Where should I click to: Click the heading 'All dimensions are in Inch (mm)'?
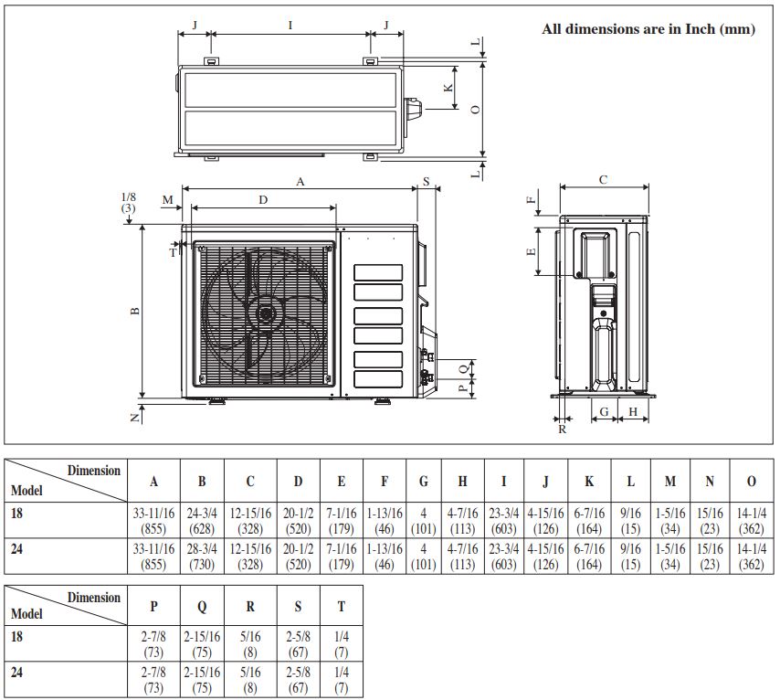click(648, 29)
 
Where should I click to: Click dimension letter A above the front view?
click(300, 182)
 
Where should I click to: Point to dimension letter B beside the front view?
click(135, 312)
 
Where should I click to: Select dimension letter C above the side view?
click(603, 179)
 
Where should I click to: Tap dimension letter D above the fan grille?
click(263, 199)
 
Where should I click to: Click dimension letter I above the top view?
click(290, 25)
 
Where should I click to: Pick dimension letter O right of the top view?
click(476, 109)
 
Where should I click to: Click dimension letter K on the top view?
click(448, 88)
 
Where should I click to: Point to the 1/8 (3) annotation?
click(129, 203)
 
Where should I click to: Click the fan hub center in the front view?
click(265, 314)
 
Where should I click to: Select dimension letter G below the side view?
click(605, 412)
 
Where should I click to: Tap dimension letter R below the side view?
click(562, 430)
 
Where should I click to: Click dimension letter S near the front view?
click(427, 181)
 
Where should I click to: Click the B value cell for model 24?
click(202, 557)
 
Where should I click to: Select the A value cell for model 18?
click(153, 520)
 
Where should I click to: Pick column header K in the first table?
click(589, 481)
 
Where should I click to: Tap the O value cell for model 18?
click(751, 520)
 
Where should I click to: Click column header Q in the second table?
click(202, 606)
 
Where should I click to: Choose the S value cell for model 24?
click(298, 680)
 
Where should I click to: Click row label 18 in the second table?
click(16, 636)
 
